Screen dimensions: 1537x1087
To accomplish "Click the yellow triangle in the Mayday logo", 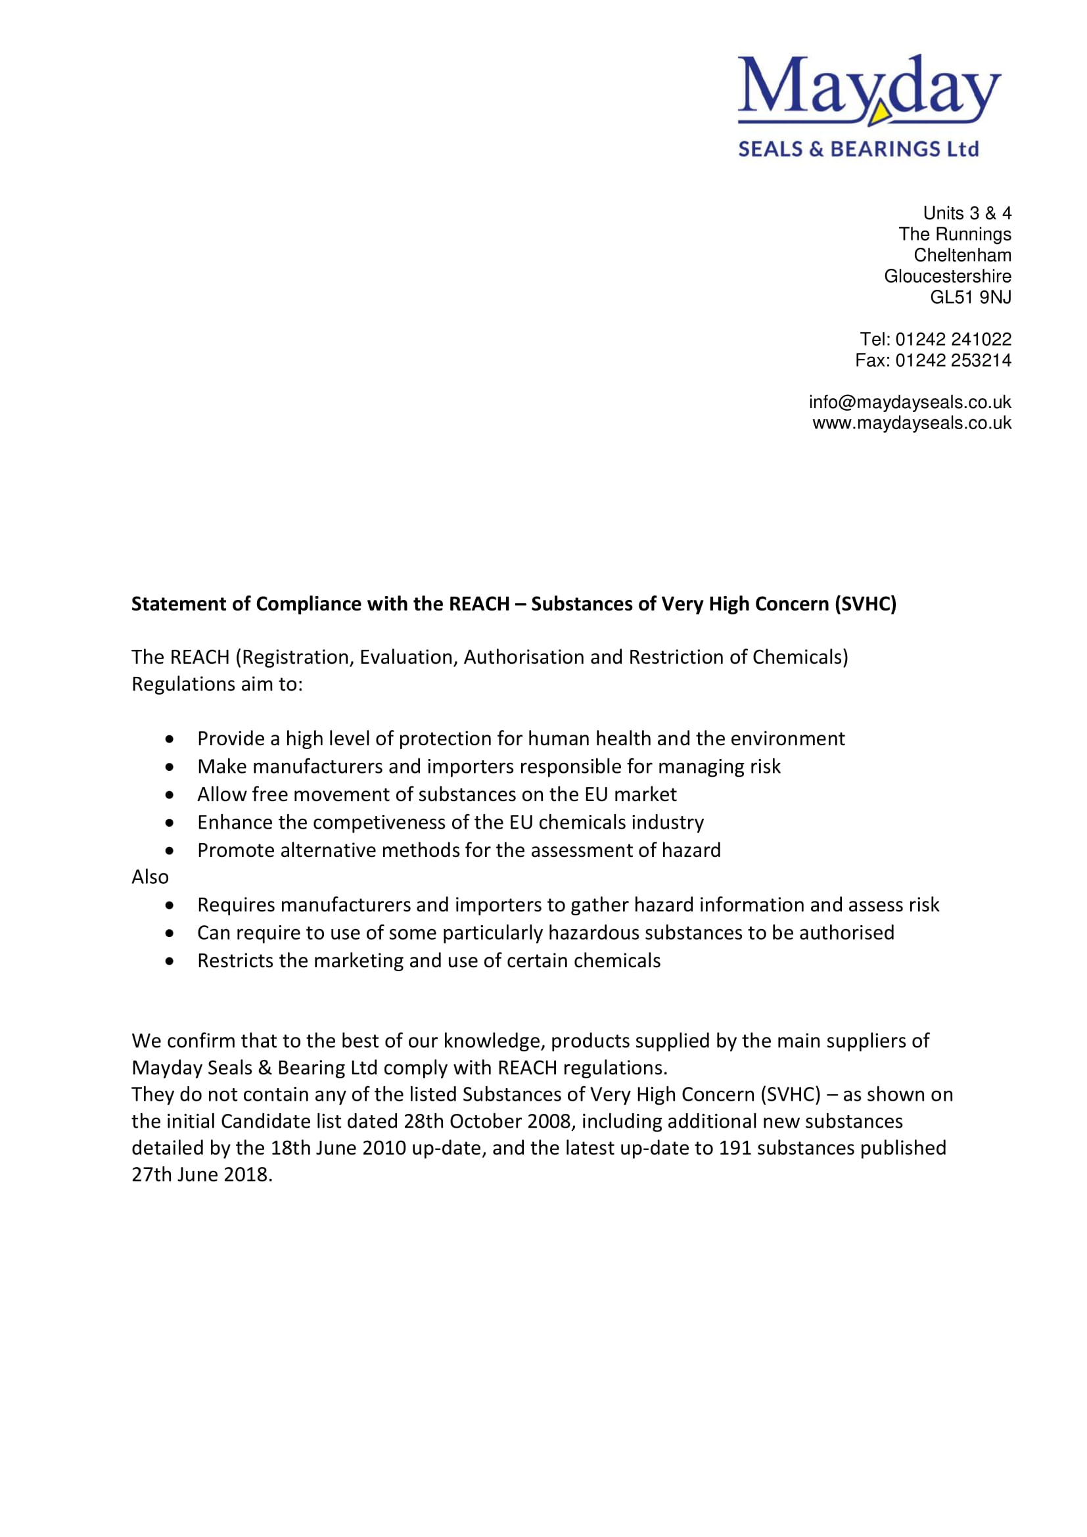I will click(879, 115).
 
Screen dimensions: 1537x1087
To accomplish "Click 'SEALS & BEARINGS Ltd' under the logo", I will click(858, 149).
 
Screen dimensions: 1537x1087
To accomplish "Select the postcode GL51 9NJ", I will click(970, 297).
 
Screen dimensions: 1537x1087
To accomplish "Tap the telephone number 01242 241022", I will click(953, 339).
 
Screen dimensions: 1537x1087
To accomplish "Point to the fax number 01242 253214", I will click(953, 360).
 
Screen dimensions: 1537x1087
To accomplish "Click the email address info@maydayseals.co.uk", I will click(910, 402).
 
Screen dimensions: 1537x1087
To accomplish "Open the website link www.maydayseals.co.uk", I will click(912, 423).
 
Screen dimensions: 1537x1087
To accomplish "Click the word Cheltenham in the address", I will click(962, 255).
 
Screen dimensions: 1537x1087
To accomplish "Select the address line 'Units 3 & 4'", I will click(967, 213).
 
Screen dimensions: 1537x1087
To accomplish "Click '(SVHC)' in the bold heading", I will click(865, 604).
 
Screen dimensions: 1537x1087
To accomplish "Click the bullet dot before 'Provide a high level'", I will click(170, 739).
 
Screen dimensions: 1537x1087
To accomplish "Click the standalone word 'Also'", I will click(150, 877).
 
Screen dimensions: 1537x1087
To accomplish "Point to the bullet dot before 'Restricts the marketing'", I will click(170, 961).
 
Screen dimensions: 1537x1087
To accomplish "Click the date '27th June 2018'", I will click(200, 1174).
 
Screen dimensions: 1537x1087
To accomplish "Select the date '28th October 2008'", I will click(487, 1120).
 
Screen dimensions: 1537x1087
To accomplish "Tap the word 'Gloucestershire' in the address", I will click(947, 277).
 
